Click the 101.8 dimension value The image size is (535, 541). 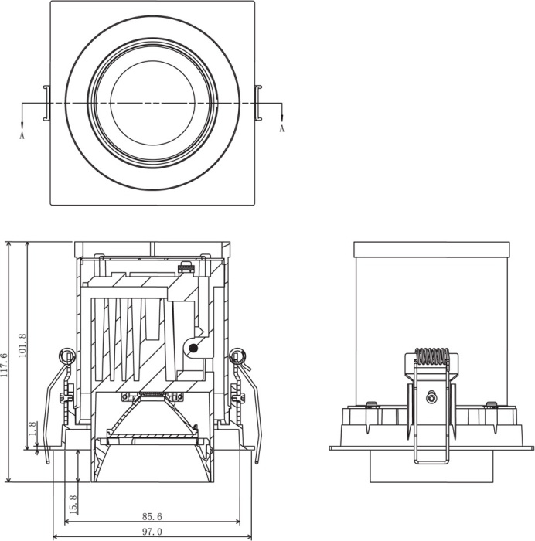click(x=22, y=345)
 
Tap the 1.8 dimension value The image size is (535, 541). click(x=32, y=429)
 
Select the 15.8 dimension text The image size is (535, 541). click(x=73, y=505)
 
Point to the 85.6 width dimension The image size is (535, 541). click(x=152, y=516)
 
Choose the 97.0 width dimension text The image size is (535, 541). click(x=152, y=532)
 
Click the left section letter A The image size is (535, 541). click(x=22, y=135)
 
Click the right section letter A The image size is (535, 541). click(x=282, y=129)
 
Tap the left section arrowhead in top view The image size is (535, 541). click(x=22, y=125)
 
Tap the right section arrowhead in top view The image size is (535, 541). click(x=282, y=117)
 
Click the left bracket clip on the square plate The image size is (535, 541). click(x=47, y=103)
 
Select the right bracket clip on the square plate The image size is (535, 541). click(x=258, y=103)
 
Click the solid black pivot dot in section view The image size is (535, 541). click(x=193, y=349)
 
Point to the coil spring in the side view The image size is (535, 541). click(x=432, y=356)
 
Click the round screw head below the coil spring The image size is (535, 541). click(x=431, y=398)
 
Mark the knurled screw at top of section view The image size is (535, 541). click(x=185, y=267)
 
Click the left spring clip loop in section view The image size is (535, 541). click(x=66, y=356)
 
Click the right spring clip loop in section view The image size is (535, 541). click(x=238, y=356)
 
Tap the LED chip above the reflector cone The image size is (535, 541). click(x=152, y=393)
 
